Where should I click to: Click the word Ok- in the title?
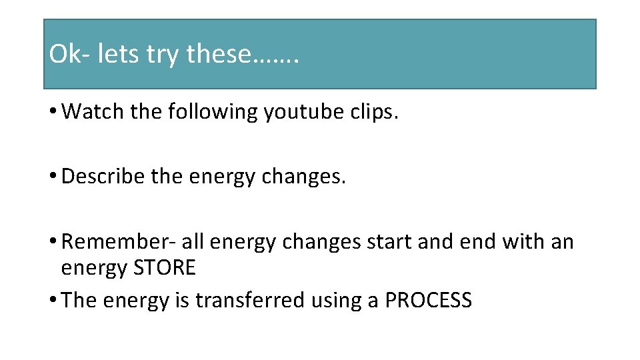(x=69, y=55)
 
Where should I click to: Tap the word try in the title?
(x=163, y=55)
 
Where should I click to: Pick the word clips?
(x=375, y=111)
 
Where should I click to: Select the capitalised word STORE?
(x=165, y=268)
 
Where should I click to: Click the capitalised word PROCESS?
(x=429, y=301)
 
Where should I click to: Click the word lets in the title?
(x=118, y=55)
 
